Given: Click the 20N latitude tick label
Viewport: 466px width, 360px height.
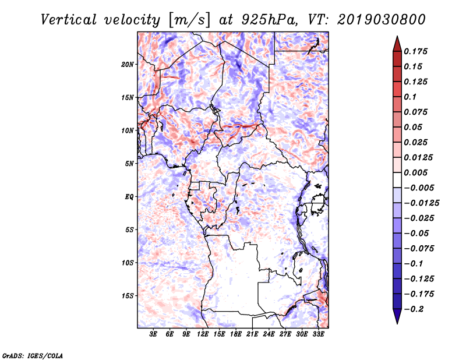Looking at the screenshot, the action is tap(127, 65).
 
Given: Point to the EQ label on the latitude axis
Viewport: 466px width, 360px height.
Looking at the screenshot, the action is tap(129, 197).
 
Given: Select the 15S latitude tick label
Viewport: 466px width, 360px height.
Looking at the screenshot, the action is tap(128, 296).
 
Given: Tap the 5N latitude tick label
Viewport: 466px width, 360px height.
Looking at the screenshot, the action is tap(129, 164).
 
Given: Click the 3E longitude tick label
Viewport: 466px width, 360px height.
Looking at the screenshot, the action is tap(153, 334).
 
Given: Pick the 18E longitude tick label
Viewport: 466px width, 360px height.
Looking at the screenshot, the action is tap(236, 334).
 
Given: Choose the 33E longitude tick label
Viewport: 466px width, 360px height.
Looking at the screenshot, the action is tap(318, 334).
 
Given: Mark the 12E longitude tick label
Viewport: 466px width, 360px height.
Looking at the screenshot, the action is tap(203, 334).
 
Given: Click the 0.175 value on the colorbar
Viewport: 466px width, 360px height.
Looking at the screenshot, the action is tap(415, 51).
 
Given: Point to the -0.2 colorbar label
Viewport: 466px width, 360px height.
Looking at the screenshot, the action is tap(414, 309).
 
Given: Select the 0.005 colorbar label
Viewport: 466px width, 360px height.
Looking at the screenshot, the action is tap(415, 172).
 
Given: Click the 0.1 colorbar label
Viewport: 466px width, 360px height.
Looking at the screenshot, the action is tap(410, 97).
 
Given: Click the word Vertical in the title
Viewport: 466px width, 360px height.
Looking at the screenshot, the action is tap(69, 20).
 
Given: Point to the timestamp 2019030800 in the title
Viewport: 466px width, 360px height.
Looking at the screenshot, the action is tap(382, 20).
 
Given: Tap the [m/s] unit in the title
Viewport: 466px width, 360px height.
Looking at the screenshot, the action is tap(189, 20).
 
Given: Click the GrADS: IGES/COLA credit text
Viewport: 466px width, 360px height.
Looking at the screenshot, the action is tap(33, 355).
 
